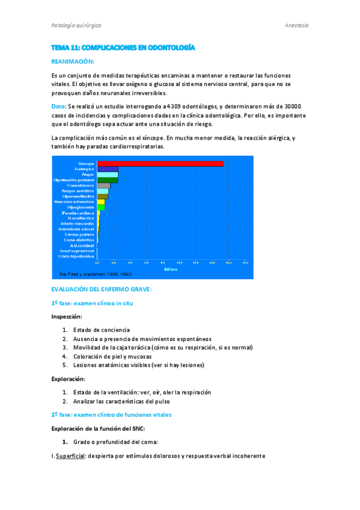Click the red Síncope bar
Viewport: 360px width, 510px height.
160,164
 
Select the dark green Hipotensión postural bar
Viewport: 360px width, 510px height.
108,180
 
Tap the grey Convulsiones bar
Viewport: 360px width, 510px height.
103,185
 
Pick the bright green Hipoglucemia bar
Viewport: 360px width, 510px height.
101,207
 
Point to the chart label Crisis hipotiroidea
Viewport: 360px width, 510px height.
76,256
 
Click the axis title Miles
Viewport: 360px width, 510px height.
171,269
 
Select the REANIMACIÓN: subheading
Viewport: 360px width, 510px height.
73,62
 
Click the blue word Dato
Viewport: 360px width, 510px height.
58,106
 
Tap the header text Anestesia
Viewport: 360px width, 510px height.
296,26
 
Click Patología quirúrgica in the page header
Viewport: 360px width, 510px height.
76,26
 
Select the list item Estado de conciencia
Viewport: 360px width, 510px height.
101,330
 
